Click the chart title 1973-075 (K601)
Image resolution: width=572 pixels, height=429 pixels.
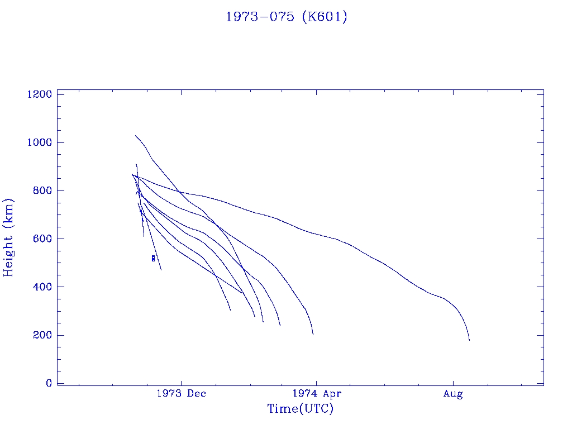coord(286,17)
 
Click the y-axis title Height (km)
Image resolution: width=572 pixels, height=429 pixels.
coord(9,237)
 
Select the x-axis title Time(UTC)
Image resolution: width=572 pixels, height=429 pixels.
coord(300,409)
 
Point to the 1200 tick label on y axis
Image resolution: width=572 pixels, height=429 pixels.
coord(40,94)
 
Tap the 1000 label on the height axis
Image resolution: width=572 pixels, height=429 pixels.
coord(40,142)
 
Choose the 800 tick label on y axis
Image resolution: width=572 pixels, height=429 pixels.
coord(42,190)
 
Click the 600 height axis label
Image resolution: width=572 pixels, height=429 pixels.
coord(42,239)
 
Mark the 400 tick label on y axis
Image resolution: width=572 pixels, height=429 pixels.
coord(42,287)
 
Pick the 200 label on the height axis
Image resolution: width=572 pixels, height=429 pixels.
coord(42,335)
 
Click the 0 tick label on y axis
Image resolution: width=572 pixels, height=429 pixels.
coord(49,383)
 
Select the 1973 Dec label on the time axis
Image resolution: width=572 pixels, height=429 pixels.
coord(182,394)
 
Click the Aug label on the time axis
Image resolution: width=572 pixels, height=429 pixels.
coord(453,394)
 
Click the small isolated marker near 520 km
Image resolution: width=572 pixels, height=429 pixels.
coord(153,258)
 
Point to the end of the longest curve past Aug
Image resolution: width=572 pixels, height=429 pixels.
coord(469,340)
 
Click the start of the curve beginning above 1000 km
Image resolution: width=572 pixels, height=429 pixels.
coord(135,136)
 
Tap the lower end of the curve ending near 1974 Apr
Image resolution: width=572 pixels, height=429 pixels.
coord(313,334)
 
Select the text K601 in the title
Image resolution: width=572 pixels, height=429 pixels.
coord(324,17)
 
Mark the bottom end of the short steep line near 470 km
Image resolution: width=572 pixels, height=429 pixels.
coord(161,270)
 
